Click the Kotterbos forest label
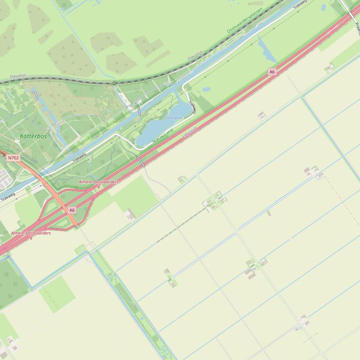click(x=33, y=136)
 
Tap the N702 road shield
click(x=14, y=158)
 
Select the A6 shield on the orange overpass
click(x=72, y=210)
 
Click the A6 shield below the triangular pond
click(x=272, y=72)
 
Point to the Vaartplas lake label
click(x=174, y=118)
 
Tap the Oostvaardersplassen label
click(x=245, y=17)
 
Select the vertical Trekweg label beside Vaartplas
click(x=192, y=107)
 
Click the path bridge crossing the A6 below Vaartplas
click(x=140, y=162)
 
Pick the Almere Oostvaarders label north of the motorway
click(x=98, y=182)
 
